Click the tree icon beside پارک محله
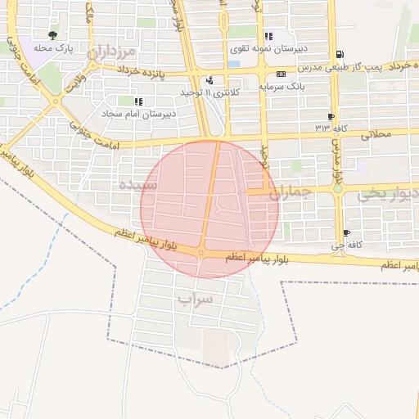pos(53,35)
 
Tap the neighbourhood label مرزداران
pos(114,53)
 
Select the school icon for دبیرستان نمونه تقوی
pos(268,36)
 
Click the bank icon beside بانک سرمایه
pos(281,73)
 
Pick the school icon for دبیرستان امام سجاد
pos(137,101)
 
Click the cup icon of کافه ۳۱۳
pos(331,117)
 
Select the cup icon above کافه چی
pos(346,232)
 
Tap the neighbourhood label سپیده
pos(137,186)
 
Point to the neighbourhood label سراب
pos(195,300)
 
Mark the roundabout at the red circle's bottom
pos(201,253)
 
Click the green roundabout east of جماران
pos(337,189)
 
